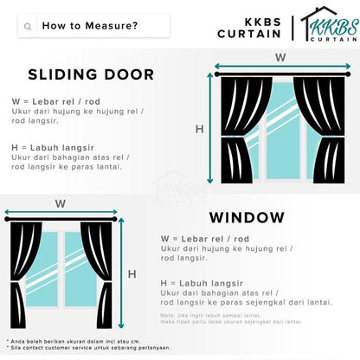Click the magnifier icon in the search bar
[29, 26]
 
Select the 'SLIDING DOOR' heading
[91, 74]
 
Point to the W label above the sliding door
[280, 57]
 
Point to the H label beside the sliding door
[200, 129]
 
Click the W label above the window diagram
[60, 204]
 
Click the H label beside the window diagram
[132, 274]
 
